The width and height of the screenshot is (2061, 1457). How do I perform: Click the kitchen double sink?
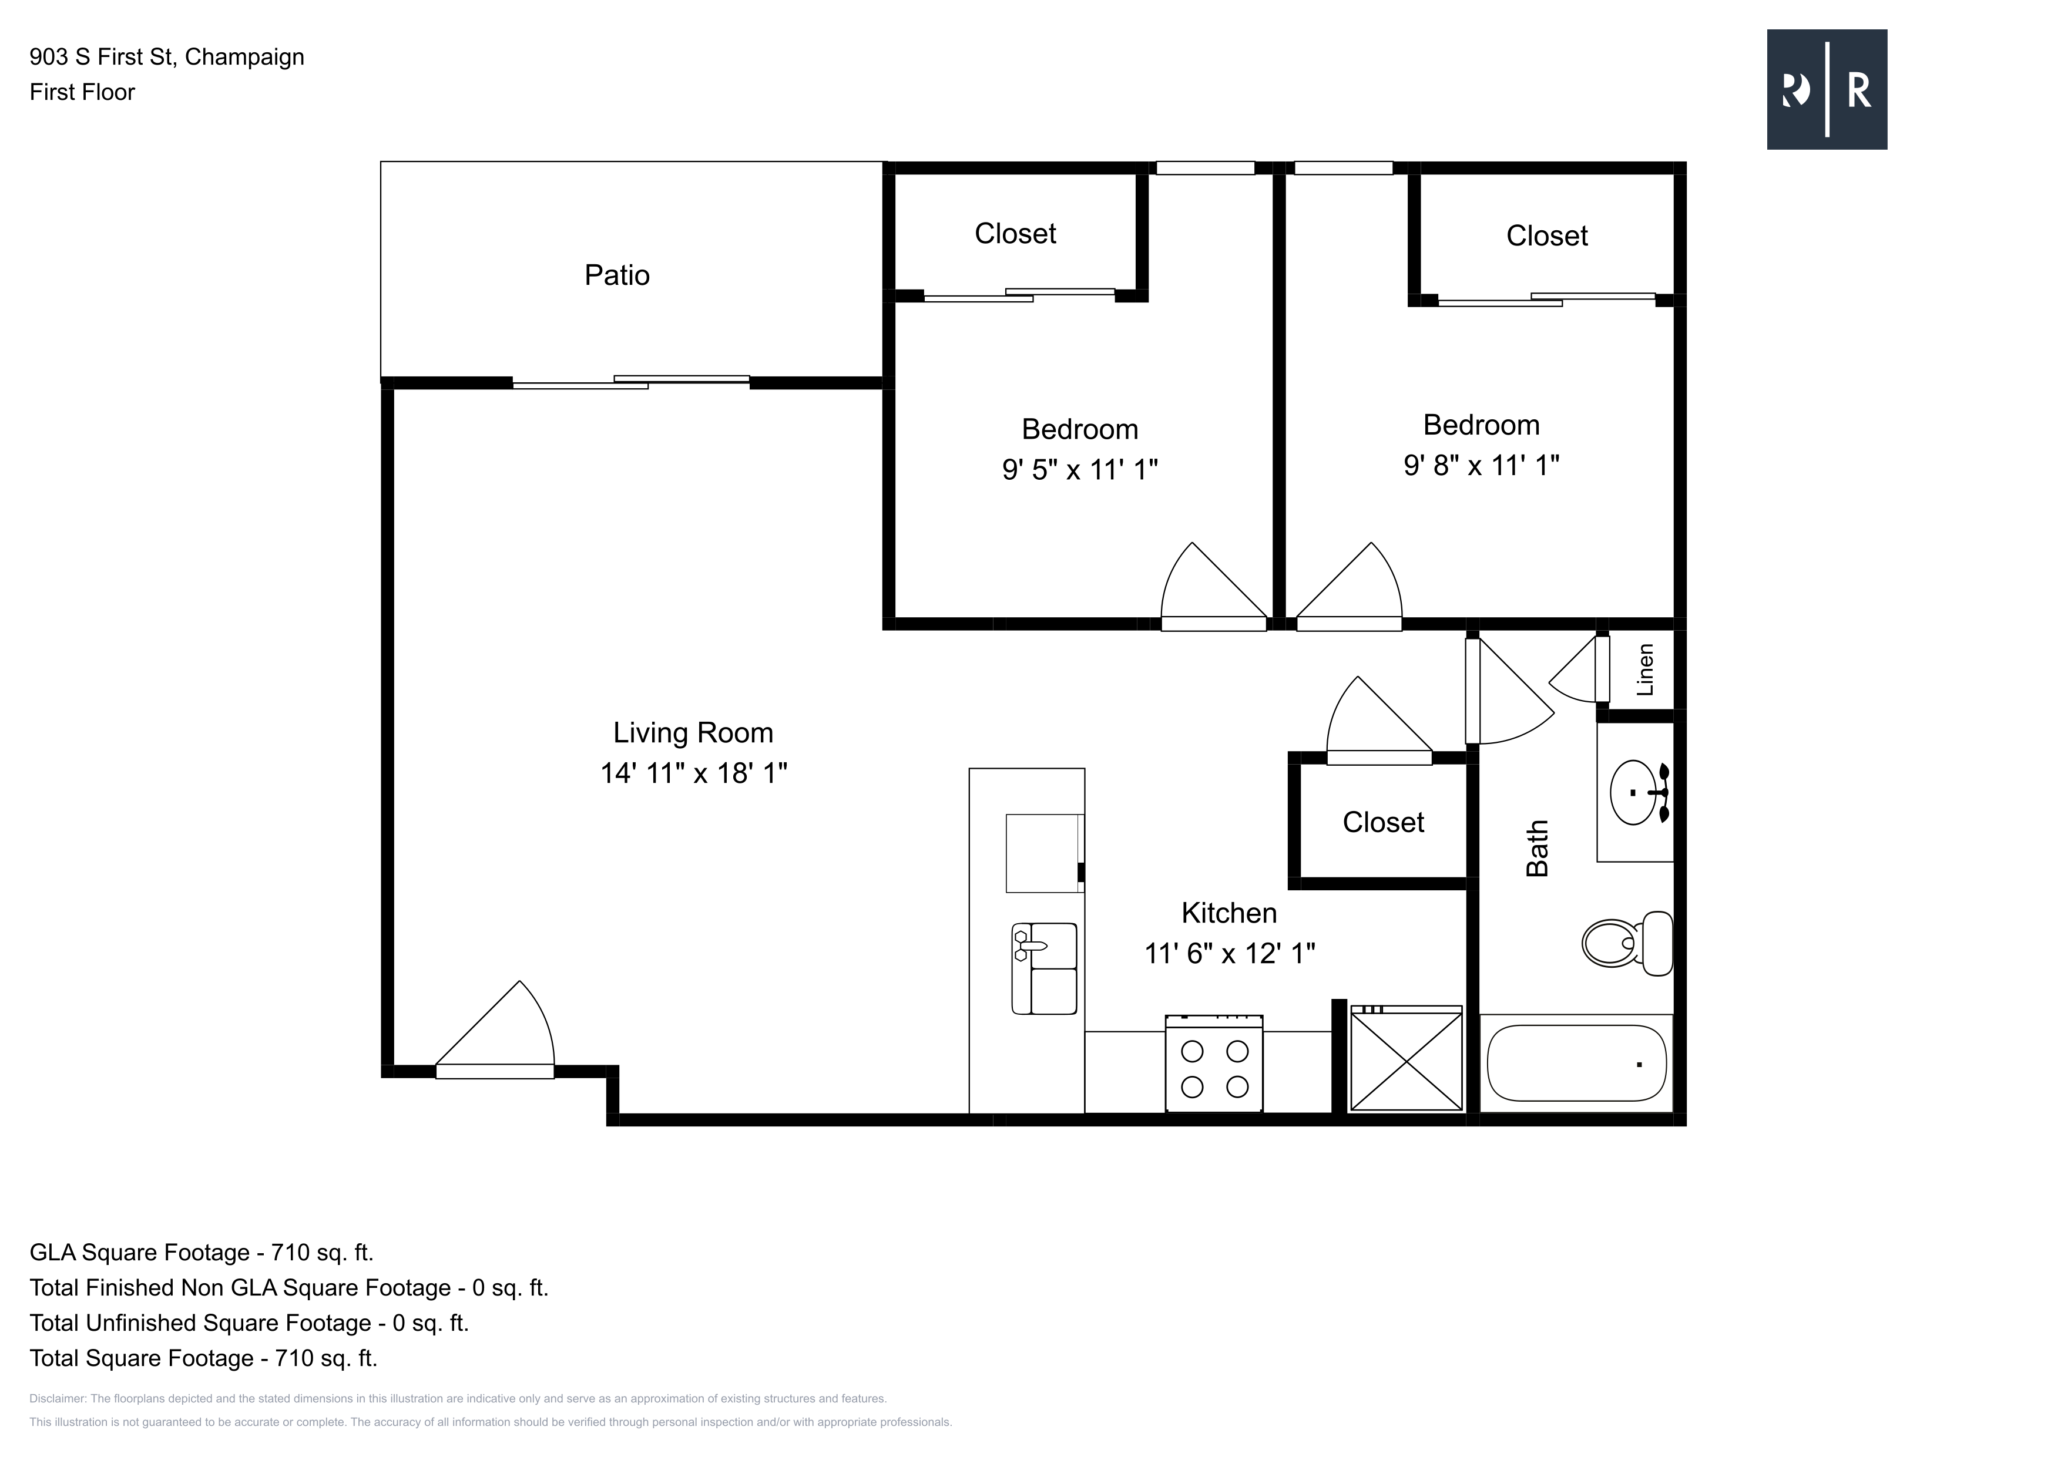[1044, 969]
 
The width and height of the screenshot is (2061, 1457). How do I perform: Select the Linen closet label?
[1644, 670]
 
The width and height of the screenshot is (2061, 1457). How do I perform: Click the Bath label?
[1538, 848]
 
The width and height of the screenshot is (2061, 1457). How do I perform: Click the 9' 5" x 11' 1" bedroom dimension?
[1080, 469]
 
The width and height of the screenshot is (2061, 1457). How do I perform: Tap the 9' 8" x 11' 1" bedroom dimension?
[1481, 465]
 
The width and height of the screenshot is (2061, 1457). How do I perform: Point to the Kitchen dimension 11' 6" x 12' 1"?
[1230, 953]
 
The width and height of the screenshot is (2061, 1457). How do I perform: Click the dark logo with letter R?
[1827, 90]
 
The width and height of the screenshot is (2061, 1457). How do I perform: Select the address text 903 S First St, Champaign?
[167, 56]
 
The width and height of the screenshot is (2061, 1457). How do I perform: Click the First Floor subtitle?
[82, 92]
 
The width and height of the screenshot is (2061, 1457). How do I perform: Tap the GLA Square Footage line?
[201, 1253]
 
